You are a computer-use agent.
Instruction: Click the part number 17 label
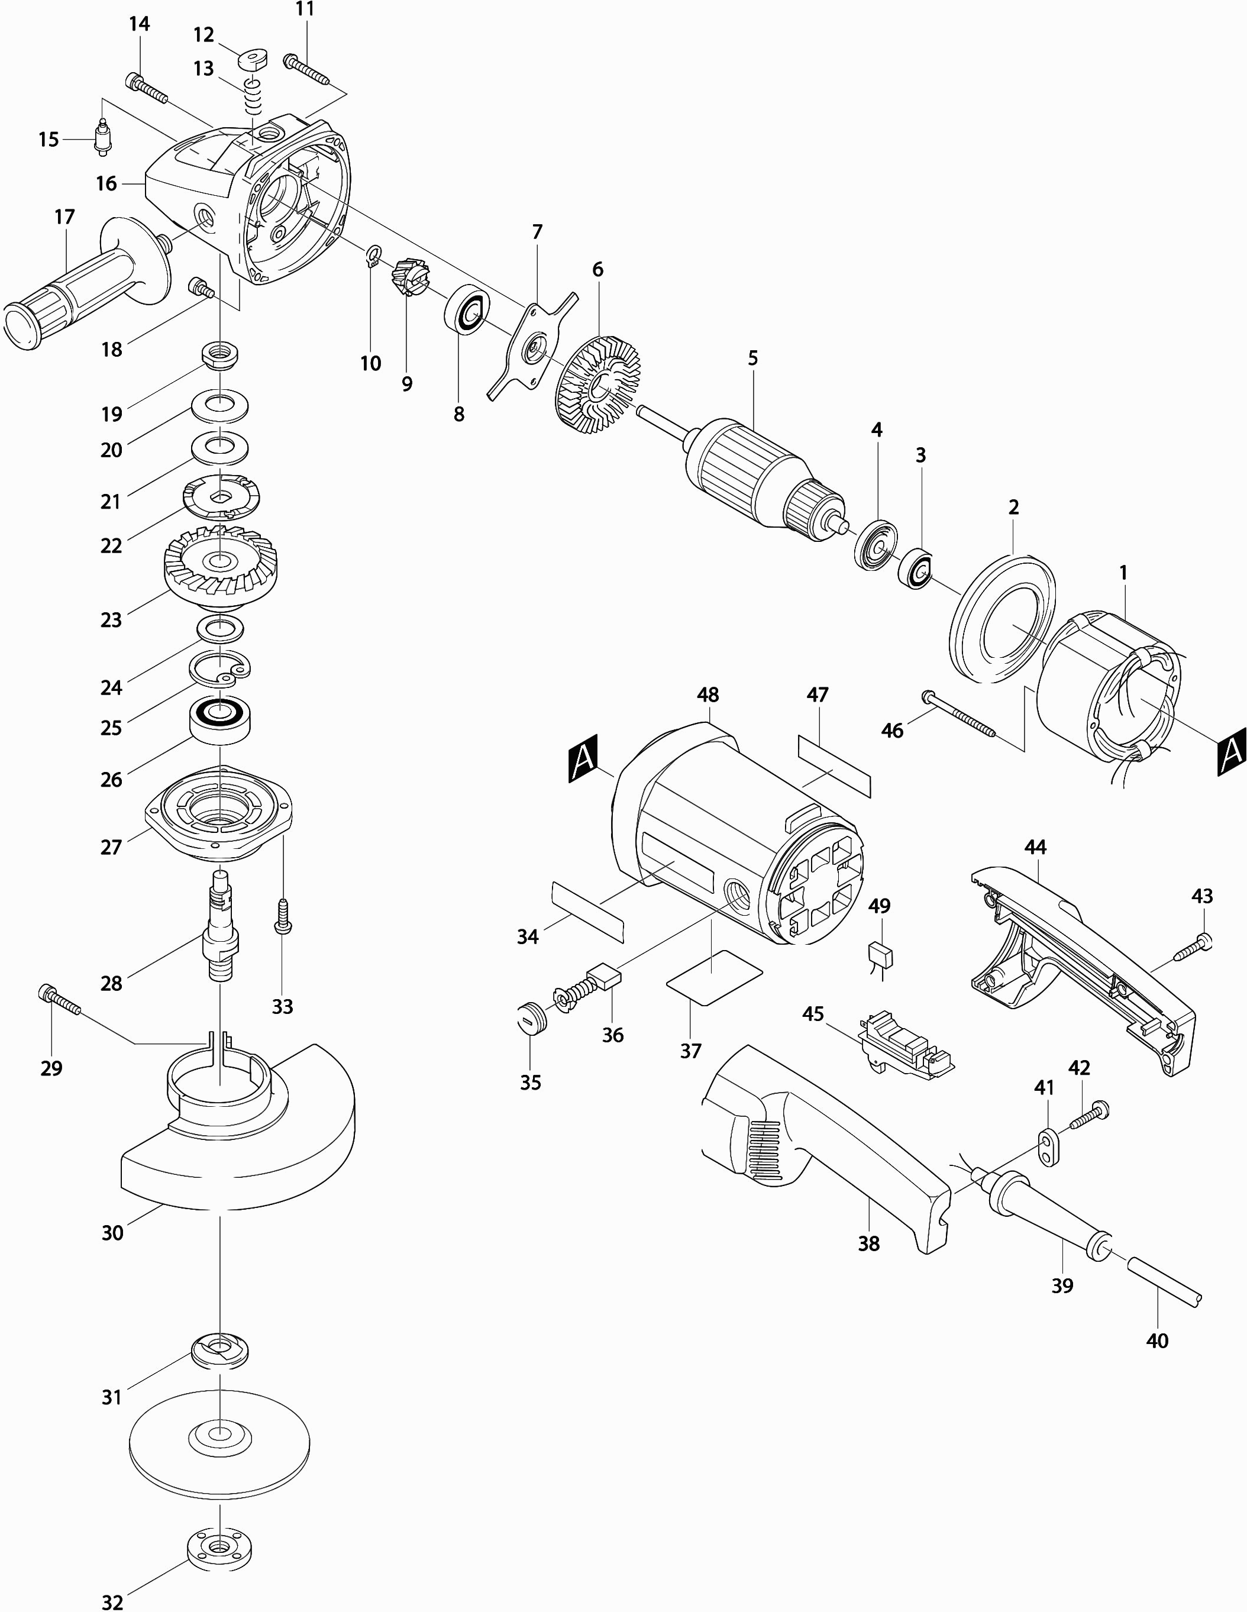pos(65,217)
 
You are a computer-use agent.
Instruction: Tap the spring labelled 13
pos(253,96)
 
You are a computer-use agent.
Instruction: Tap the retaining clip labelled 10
pos(374,256)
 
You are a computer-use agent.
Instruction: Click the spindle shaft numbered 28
pos(221,926)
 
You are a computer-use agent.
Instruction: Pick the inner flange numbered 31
pos(220,1350)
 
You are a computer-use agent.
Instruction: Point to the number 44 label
pos(1035,847)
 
